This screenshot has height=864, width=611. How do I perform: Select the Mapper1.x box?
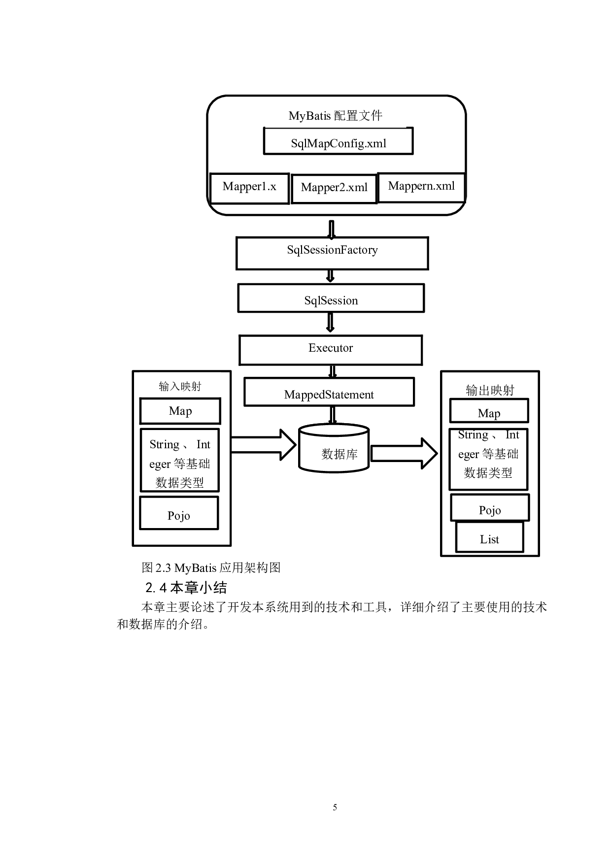249,188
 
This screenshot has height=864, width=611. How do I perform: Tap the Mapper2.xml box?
334,189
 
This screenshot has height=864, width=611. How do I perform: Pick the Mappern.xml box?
421,187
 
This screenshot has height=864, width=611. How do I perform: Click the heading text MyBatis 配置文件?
335,116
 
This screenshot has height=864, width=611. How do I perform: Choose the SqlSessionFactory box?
332,253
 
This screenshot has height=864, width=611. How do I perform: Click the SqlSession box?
331,299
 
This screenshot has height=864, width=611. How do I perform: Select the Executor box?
331,350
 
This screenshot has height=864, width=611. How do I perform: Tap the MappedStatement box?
329,393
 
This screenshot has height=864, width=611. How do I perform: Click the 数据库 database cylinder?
334,449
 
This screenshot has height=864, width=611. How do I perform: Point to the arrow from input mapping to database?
264,445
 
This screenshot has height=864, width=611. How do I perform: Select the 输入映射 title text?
180,386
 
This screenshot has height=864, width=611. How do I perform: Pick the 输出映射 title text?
490,390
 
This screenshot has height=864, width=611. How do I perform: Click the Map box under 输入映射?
180,411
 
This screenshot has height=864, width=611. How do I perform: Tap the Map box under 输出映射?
489,411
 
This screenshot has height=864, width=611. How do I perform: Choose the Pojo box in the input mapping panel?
179,513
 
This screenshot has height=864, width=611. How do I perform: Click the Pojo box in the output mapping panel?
490,508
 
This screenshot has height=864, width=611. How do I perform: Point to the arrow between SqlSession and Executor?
330,323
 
